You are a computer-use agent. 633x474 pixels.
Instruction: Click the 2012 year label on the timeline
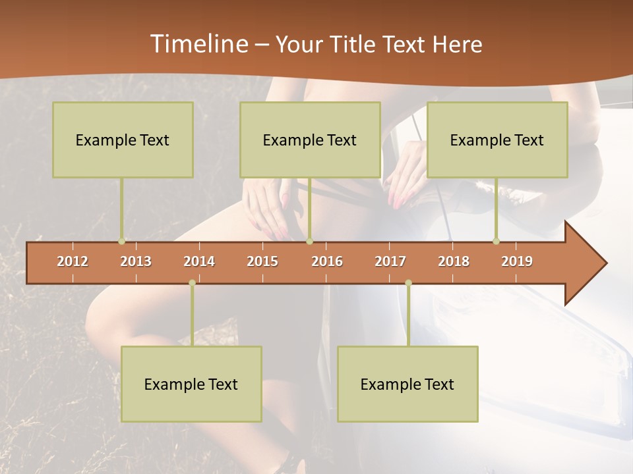[73, 261]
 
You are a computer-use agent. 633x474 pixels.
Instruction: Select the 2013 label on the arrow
[136, 261]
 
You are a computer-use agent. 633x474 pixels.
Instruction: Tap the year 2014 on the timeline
[199, 261]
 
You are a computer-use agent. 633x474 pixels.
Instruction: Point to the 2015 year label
[262, 261]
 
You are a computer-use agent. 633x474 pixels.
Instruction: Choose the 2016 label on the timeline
[327, 261]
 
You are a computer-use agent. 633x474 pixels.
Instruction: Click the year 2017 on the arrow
[390, 261]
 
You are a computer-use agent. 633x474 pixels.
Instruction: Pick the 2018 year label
[454, 261]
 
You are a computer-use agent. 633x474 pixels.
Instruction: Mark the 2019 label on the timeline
[517, 261]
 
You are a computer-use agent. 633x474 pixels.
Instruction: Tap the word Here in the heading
[458, 44]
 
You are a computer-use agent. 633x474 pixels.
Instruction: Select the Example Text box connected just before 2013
[123, 140]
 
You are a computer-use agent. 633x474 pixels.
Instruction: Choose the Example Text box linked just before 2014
[191, 384]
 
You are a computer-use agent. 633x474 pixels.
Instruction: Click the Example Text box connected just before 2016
[310, 140]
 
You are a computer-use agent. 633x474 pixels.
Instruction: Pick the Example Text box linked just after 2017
[407, 384]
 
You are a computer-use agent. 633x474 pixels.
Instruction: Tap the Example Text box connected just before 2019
[497, 140]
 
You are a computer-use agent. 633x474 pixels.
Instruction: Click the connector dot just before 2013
[121, 242]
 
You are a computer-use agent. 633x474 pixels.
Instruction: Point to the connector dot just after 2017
[408, 283]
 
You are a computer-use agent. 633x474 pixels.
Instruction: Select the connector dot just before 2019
[496, 242]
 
